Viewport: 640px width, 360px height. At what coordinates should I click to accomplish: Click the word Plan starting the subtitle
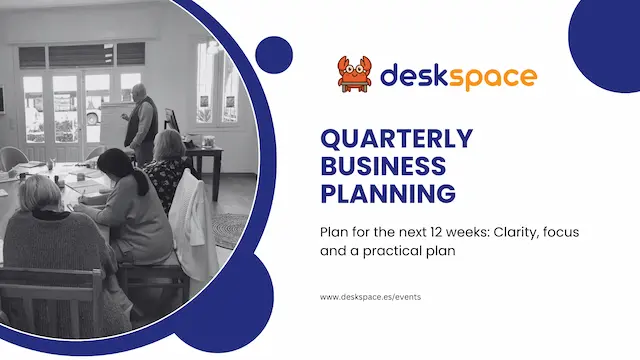tap(335, 232)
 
